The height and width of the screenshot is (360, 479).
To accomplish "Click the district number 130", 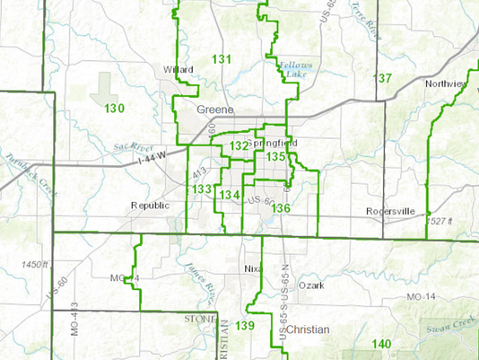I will click(x=114, y=109).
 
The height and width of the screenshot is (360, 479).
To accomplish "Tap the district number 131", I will click(x=222, y=59).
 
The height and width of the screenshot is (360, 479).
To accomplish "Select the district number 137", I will click(x=383, y=79).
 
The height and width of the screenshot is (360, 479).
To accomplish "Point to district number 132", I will click(x=239, y=145).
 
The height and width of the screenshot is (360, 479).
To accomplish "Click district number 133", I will click(x=201, y=189).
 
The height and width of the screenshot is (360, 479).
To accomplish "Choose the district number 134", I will click(x=230, y=195).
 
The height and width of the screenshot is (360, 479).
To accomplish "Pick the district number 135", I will click(x=275, y=157).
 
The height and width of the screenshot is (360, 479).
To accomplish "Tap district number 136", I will click(x=282, y=208).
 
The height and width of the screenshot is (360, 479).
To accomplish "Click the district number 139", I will click(x=247, y=325).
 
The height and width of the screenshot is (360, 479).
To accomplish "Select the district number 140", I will click(x=382, y=345).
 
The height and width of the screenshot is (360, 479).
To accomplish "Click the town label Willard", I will click(x=179, y=69).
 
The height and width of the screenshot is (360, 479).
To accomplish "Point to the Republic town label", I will click(x=149, y=205).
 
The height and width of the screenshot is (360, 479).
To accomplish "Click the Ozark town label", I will click(x=309, y=285).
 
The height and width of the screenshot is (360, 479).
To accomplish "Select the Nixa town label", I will click(x=250, y=269).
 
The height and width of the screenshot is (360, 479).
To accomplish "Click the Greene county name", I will click(x=215, y=110).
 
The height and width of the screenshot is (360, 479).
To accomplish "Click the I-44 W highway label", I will click(x=129, y=162).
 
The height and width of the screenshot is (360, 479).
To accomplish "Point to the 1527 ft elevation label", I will click(x=443, y=221).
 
